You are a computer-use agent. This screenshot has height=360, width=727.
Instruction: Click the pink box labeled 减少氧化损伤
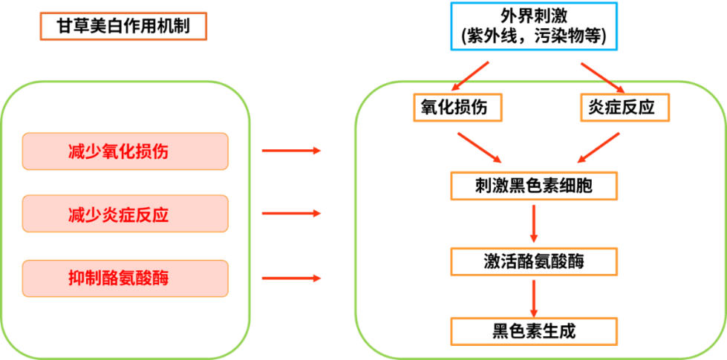125,151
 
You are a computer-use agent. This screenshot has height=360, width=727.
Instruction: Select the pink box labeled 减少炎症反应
125,214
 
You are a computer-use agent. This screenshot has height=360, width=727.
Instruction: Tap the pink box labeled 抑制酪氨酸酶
125,278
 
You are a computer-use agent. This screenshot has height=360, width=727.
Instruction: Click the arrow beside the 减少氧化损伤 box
291,151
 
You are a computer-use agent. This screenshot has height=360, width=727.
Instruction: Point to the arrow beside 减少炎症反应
291,214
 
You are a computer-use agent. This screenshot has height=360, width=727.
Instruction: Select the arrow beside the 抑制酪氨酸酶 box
291,278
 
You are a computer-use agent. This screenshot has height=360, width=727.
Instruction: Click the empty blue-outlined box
533,27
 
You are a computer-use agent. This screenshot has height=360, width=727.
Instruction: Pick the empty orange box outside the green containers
123,27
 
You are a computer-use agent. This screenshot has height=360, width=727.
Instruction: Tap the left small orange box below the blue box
457,107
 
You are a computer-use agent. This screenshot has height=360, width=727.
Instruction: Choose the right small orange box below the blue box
625,107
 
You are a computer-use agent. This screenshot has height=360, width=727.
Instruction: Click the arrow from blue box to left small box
470,76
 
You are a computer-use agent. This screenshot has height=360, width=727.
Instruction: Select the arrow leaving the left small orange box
480,147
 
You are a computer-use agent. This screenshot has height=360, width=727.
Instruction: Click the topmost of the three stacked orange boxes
533,186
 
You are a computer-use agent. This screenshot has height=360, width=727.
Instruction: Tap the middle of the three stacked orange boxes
533,262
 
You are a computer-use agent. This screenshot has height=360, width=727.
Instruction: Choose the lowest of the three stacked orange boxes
533,331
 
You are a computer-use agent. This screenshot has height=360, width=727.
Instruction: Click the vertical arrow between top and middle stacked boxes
533,223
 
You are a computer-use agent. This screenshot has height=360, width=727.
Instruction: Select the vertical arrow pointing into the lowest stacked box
533,298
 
